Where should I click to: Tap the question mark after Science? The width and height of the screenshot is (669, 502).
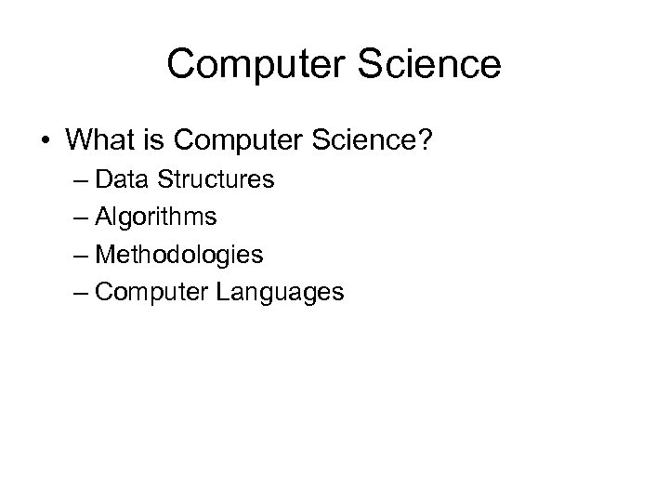[445, 141]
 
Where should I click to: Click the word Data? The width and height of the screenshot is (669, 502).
[117, 179]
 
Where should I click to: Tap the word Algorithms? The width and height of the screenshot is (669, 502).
[157, 218]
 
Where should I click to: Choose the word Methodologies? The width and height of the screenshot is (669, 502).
[180, 255]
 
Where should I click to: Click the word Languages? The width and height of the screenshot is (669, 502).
[280, 293]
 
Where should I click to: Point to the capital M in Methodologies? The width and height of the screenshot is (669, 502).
[103, 255]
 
